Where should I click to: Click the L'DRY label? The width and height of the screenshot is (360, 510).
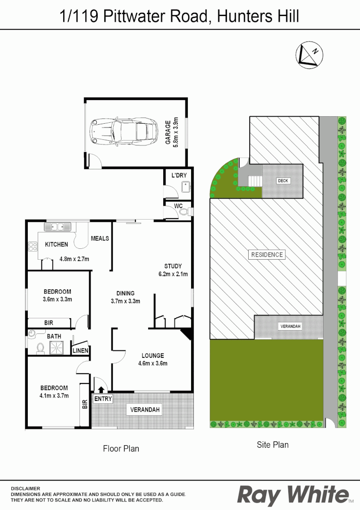click(179, 175)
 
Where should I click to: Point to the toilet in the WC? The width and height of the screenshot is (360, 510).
click(184, 212)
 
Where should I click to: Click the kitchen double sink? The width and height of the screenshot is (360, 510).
click(58, 227)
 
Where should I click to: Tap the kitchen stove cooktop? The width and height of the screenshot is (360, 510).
click(33, 246)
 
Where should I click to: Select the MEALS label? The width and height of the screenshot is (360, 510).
click(100, 238)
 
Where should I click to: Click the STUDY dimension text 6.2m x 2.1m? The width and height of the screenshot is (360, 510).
click(173, 274)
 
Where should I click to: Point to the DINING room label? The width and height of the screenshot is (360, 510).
click(126, 293)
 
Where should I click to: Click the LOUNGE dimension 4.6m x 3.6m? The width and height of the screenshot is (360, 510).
click(152, 363)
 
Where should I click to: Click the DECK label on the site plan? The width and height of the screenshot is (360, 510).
click(283, 181)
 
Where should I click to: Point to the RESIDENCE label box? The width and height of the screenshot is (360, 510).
click(267, 255)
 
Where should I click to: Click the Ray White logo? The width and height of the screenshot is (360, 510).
click(293, 495)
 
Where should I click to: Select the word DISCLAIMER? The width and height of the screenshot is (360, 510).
click(26, 488)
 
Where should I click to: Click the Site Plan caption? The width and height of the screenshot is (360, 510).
click(273, 444)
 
